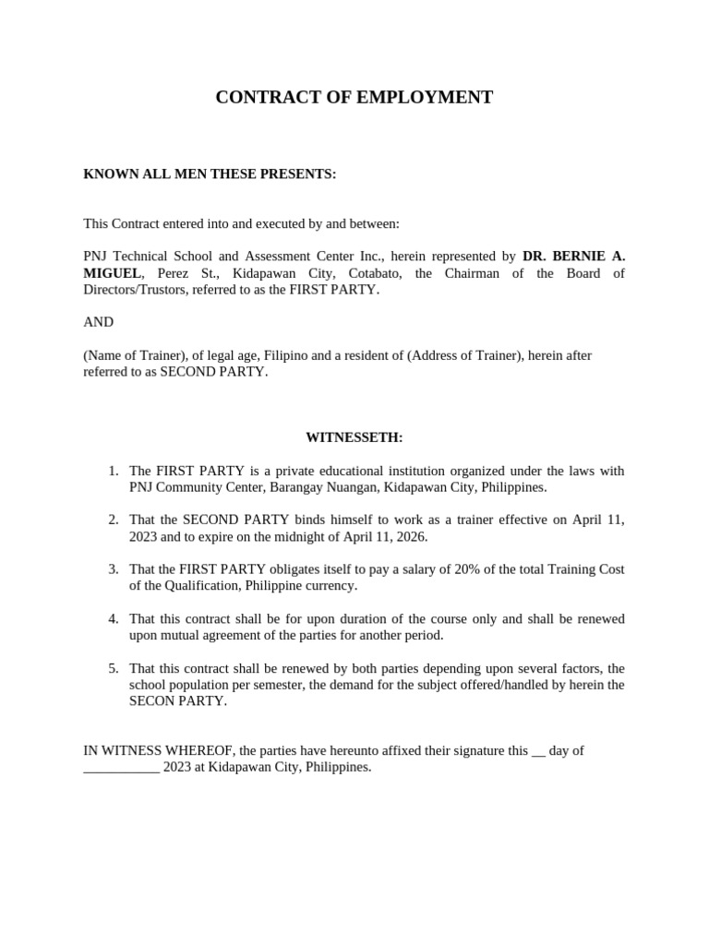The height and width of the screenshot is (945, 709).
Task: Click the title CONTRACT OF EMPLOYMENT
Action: click(354, 98)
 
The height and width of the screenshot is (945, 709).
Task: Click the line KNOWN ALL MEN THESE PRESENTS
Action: click(210, 174)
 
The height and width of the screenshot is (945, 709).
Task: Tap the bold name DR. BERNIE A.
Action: click(573, 256)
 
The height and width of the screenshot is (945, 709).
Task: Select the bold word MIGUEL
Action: click(112, 273)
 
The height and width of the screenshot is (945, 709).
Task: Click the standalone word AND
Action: click(98, 322)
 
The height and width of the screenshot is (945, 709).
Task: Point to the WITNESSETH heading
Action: click(354, 437)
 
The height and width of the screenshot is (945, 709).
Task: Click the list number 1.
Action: click(114, 471)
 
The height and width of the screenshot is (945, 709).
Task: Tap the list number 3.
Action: click(114, 568)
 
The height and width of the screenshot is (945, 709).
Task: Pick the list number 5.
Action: click(114, 667)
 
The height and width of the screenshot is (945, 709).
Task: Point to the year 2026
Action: click(406, 536)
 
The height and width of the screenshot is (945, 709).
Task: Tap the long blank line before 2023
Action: click(121, 768)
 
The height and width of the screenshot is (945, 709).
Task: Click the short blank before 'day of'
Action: click(538, 751)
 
